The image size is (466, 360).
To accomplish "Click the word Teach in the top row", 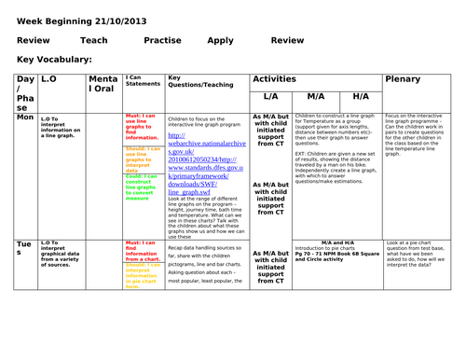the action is coord(93,40).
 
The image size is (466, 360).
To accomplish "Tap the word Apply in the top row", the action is coord(221,40).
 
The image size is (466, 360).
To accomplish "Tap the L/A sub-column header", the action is coord(270,96).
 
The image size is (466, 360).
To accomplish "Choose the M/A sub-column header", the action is coord(315,96).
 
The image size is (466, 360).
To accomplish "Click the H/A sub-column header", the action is coord(361,96).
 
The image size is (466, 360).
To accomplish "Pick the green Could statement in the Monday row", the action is coord(139,187).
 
